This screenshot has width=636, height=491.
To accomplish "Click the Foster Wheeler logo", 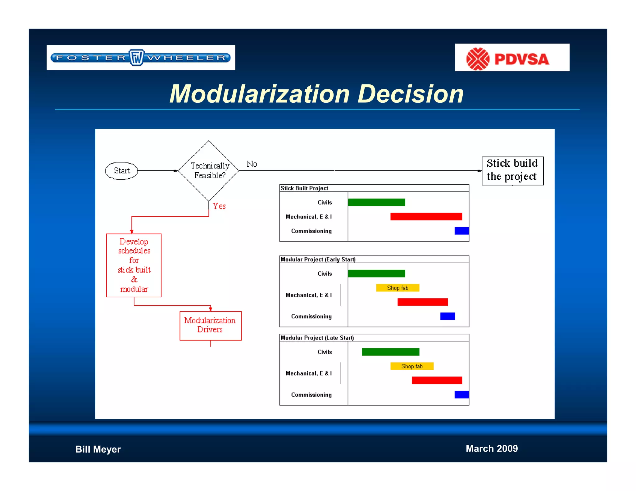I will [x=141, y=58].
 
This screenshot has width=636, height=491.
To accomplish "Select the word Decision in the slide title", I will [x=411, y=94].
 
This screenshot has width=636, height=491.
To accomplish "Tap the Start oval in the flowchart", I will [x=121, y=171].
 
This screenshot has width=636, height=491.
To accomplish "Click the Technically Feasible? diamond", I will [x=209, y=171].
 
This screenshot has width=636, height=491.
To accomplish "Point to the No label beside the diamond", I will [x=252, y=164].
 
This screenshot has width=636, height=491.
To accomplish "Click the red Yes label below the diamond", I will [x=219, y=206].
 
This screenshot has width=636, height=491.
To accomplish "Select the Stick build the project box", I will [x=512, y=170].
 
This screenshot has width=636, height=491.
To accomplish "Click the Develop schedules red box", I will [x=134, y=265].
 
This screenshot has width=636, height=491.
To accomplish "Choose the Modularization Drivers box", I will [x=210, y=325].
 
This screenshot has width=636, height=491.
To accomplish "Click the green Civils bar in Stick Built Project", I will [x=376, y=202].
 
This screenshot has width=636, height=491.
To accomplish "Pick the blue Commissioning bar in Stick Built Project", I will [x=461, y=231].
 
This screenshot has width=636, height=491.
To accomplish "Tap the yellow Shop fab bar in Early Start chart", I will [x=397, y=288].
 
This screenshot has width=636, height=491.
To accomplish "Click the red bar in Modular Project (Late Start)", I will [x=437, y=380].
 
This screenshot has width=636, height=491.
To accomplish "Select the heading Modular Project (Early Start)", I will [x=318, y=259].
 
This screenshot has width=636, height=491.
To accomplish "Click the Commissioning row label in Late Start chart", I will [x=311, y=395].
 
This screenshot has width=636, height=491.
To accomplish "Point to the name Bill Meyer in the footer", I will [x=98, y=449].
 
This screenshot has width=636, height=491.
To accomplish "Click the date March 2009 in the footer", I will [x=492, y=448].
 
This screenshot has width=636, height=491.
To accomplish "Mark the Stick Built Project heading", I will [x=304, y=188].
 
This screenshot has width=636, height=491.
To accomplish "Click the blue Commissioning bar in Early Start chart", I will [x=447, y=316].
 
